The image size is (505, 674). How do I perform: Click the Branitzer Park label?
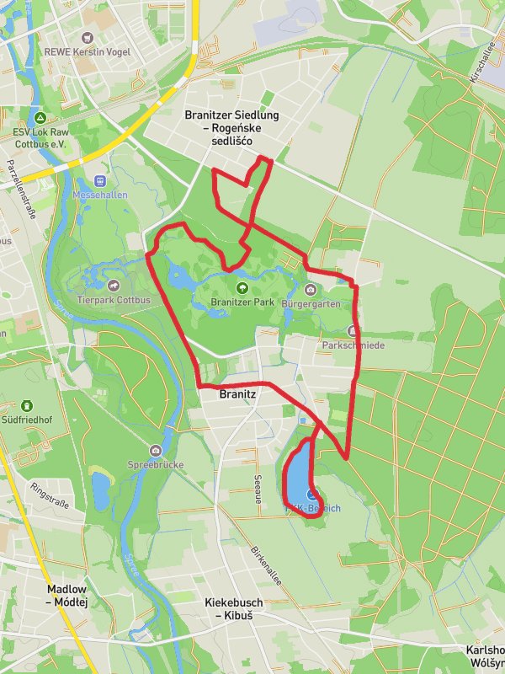pos(231,304)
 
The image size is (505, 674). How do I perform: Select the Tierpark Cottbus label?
pos(113,300)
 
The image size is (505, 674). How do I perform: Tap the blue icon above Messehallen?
pos(101,180)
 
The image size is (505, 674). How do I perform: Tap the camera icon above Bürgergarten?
pos(311,290)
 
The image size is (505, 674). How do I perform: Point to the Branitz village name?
pos(237,393)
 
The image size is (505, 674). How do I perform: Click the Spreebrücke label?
pos(155,464)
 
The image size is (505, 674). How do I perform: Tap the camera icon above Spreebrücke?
pos(155,451)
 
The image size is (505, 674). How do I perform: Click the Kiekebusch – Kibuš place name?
pos(233,608)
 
